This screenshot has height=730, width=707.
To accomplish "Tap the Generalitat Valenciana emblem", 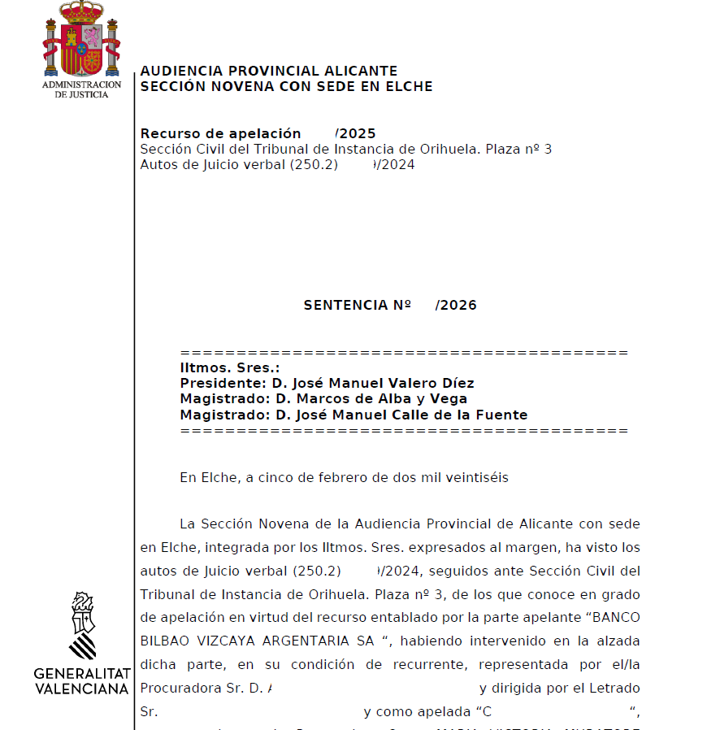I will pos(82,626).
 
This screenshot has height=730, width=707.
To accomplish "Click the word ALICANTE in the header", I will pos(361,72).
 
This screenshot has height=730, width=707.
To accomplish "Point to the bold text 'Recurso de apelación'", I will pos(220,133).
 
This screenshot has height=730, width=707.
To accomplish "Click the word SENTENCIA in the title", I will pos(346,306).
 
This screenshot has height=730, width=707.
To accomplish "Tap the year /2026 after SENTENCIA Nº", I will pos(456,306).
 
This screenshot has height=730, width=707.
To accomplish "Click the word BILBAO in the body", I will pos(167,641).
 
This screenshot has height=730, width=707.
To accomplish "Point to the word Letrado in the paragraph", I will pos(615,689).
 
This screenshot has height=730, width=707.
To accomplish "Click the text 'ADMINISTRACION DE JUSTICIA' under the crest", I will pos(81,89).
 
